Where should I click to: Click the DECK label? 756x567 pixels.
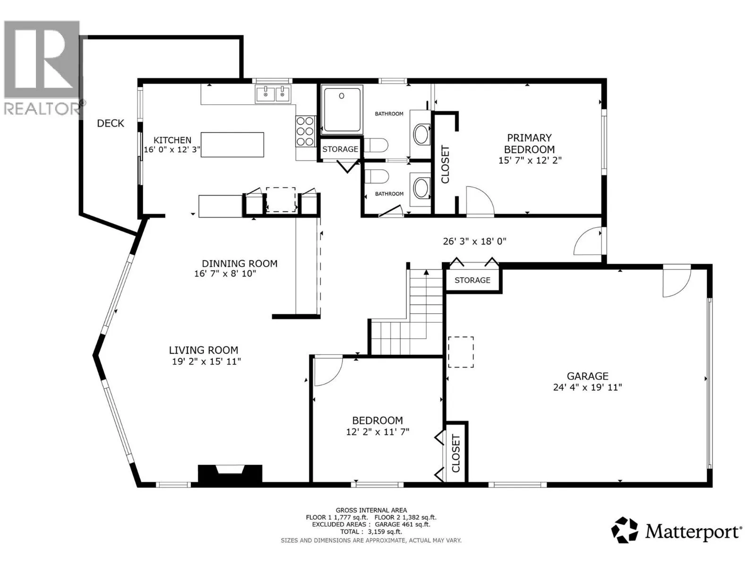pyautogui.click(x=110, y=123)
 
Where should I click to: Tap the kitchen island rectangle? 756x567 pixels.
pyautogui.click(x=232, y=145)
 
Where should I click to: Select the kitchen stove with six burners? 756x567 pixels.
pyautogui.click(x=305, y=131)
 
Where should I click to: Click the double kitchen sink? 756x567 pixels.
pyautogui.click(x=273, y=94)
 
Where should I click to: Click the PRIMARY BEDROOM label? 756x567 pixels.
pyautogui.click(x=529, y=144)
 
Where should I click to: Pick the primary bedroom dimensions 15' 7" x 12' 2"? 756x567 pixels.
pyautogui.click(x=530, y=161)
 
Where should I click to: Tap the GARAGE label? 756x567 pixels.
pyautogui.click(x=588, y=376)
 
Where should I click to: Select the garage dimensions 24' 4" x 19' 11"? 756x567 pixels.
pyautogui.click(x=588, y=387)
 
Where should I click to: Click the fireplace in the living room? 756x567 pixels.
pyautogui.click(x=230, y=474)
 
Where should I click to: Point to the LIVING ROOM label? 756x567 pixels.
pyautogui.click(x=204, y=350)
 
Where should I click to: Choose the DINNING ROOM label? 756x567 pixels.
pyautogui.click(x=240, y=264)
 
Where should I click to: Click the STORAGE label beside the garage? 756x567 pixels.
pyautogui.click(x=472, y=280)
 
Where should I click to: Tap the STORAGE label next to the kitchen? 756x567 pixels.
pyautogui.click(x=340, y=149)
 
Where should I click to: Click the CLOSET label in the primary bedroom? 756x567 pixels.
pyautogui.click(x=445, y=164)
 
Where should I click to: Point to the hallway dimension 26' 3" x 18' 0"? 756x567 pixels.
pyautogui.click(x=474, y=241)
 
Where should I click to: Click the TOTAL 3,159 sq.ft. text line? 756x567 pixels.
pyautogui.click(x=371, y=532)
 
